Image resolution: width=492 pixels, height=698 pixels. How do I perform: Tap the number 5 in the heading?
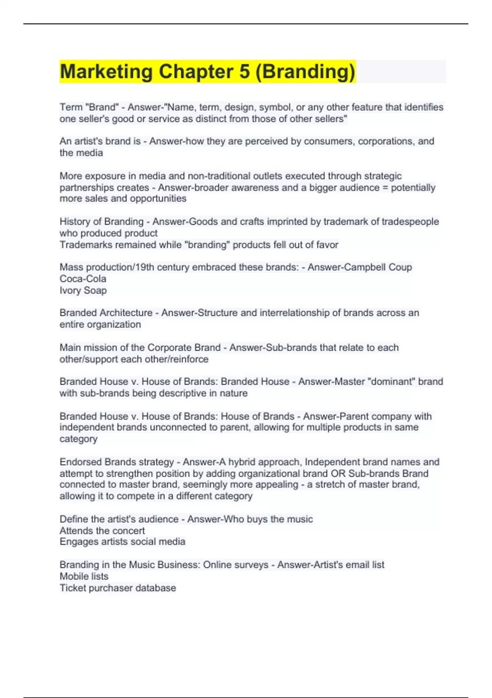(x=245, y=71)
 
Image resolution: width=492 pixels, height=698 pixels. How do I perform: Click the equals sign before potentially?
(x=385, y=188)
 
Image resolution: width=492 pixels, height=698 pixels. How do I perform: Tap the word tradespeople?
(x=410, y=222)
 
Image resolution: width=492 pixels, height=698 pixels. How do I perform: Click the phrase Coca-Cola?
(x=83, y=279)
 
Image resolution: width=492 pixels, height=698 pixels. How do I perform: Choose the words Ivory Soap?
(x=83, y=290)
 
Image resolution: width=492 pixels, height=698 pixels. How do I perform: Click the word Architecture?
(x=126, y=313)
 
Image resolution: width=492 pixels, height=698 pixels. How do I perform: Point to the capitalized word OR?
(x=338, y=473)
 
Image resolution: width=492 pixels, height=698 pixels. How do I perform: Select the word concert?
(x=129, y=530)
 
